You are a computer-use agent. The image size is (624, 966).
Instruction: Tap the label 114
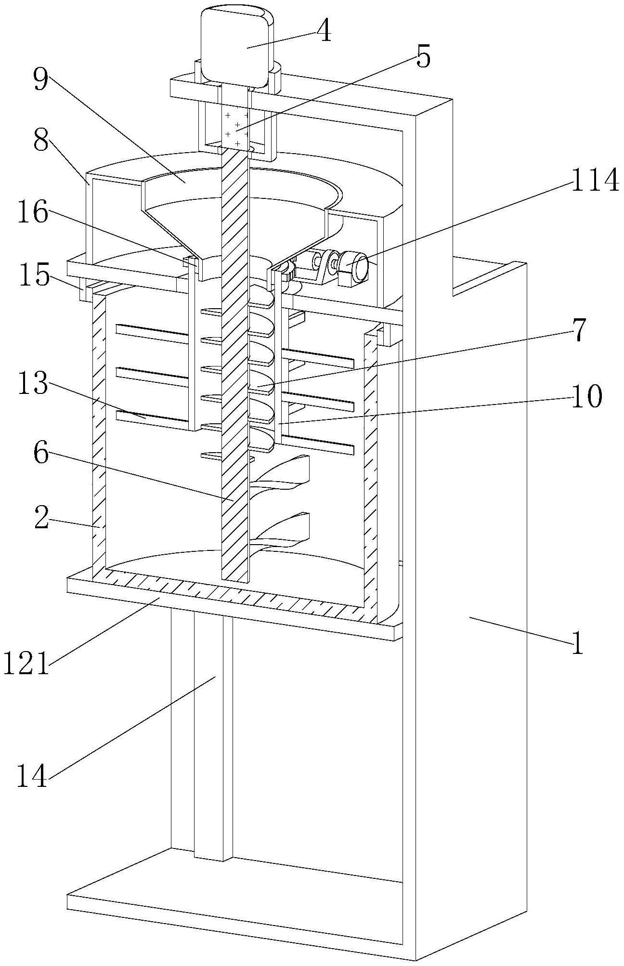[593, 181]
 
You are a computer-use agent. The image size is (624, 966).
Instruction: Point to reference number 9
[40, 79]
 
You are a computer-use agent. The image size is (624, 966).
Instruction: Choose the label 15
[34, 276]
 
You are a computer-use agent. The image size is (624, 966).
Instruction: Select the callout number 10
[586, 397]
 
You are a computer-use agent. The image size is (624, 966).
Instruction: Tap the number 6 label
[41, 454]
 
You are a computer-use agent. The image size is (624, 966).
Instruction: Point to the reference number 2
[41, 518]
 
